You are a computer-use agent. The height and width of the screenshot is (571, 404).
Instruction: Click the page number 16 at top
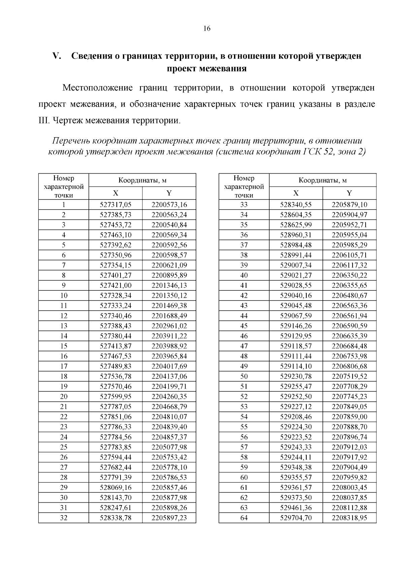(x=207, y=29)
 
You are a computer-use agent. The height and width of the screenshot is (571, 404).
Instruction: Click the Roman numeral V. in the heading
(x=57, y=56)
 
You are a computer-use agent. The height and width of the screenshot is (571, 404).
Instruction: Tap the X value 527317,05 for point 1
(x=115, y=205)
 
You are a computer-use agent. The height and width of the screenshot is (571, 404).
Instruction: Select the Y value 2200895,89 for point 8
(x=169, y=275)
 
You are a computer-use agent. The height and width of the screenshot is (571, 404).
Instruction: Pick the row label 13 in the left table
(x=64, y=326)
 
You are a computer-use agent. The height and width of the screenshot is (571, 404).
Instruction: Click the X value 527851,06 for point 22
(x=115, y=417)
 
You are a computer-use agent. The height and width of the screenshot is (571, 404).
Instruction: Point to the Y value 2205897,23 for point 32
(x=169, y=518)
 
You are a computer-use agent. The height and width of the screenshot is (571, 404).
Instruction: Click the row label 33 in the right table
(x=244, y=205)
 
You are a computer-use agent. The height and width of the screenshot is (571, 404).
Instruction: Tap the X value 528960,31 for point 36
(x=296, y=235)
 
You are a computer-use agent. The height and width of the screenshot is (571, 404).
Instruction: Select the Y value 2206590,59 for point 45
(x=349, y=326)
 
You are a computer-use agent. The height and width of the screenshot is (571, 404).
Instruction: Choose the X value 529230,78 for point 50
(x=296, y=376)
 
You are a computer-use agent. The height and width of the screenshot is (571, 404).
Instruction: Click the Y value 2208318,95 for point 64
(x=349, y=518)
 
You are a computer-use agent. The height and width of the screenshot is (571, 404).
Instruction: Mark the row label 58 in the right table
(x=244, y=457)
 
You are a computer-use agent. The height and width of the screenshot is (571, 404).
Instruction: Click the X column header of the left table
(x=115, y=193)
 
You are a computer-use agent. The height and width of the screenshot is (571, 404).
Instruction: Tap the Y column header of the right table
(x=349, y=193)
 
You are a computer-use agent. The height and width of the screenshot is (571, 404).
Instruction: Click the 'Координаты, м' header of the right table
(x=323, y=180)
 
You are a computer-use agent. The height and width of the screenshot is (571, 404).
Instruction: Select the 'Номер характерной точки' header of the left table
(x=64, y=187)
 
